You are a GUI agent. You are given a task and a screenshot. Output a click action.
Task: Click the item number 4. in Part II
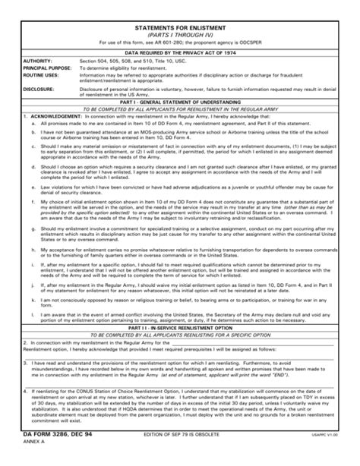[x=25, y=389]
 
